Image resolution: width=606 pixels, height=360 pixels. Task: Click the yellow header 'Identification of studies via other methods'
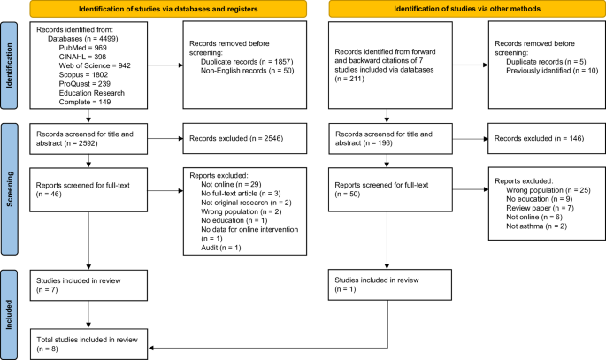[x=462, y=9]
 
